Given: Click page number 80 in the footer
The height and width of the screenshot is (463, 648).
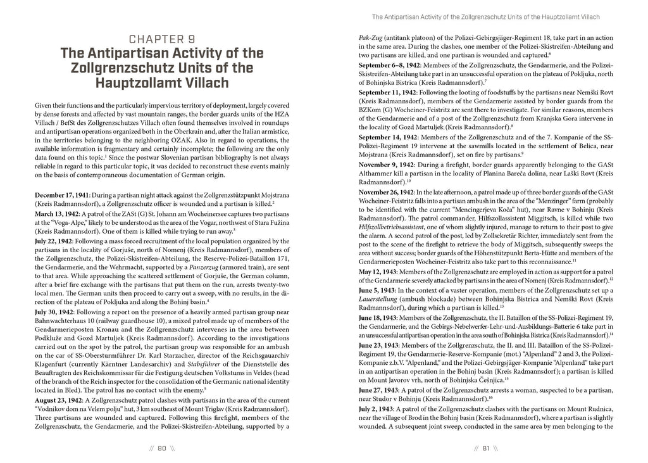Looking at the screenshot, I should (x=161, y=448).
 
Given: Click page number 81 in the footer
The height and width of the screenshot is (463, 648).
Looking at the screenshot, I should (x=486, y=448).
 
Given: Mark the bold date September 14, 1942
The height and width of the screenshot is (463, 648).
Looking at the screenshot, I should (x=387, y=137).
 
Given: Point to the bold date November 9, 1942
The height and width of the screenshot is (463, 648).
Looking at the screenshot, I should (x=385, y=164).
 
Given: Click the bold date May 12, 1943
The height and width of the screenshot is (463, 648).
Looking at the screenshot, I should (x=378, y=271).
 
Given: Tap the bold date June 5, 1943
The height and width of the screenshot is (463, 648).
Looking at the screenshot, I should (x=377, y=289).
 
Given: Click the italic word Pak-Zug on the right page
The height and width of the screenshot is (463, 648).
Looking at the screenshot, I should (x=368, y=38).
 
